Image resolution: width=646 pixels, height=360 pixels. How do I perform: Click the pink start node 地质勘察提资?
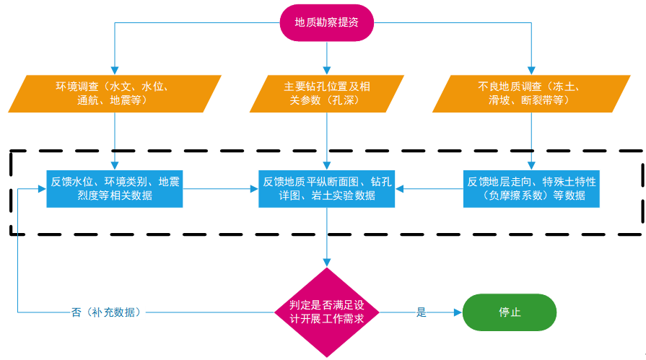pyautogui.click(x=327, y=22)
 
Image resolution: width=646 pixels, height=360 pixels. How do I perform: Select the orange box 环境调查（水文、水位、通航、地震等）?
pyautogui.click(x=115, y=94)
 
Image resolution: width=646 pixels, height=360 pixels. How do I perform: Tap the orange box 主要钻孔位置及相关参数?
pyautogui.click(x=327, y=94)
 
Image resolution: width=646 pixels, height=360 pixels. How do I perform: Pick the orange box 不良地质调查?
pyautogui.click(x=531, y=94)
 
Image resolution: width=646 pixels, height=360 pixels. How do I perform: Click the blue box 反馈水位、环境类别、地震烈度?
pyautogui.click(x=115, y=188)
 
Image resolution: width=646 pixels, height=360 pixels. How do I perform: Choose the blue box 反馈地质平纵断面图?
pyautogui.click(x=327, y=188)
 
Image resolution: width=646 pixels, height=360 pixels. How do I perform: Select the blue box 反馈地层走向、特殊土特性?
pyautogui.click(x=531, y=188)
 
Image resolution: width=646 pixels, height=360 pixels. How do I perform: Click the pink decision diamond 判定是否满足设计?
pyautogui.click(x=327, y=312)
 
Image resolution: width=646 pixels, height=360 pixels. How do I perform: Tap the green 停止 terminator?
pyautogui.click(x=510, y=312)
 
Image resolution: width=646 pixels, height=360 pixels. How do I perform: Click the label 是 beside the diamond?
pyautogui.click(x=421, y=312)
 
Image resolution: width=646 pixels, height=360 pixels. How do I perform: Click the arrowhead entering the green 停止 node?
pyautogui.click(x=458, y=312)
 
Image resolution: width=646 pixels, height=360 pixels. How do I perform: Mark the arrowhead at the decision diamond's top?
pyautogui.click(x=327, y=263)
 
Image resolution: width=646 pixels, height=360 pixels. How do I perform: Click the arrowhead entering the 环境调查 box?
pyautogui.click(x=115, y=71)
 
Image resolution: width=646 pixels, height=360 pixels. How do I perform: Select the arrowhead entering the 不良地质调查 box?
pyautogui.click(x=531, y=71)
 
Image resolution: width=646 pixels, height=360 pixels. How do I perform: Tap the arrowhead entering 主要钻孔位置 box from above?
pyautogui.click(x=327, y=71)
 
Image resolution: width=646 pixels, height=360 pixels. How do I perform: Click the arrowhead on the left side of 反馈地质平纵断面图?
pyautogui.click(x=254, y=188)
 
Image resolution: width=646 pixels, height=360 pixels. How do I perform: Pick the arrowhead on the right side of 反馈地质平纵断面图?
pyautogui.click(x=399, y=188)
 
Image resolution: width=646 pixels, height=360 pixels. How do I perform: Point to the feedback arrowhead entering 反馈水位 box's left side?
pyautogui.click(x=42, y=188)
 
